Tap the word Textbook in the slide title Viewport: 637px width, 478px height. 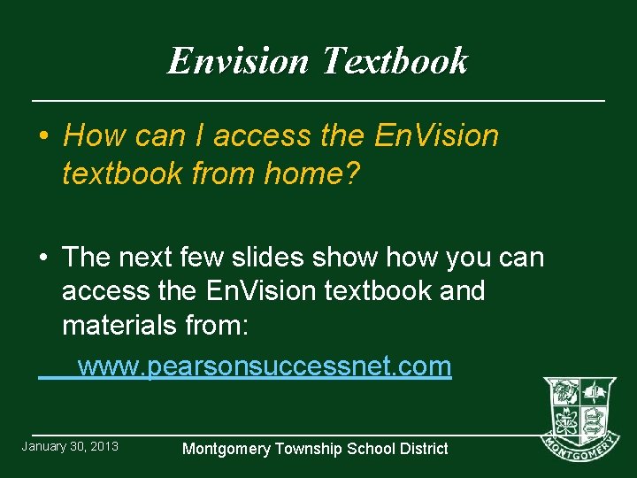point(394,61)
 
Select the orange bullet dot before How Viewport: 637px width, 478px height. point(43,136)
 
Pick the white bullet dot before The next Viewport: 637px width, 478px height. point(43,258)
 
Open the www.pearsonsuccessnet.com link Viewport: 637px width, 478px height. point(265,366)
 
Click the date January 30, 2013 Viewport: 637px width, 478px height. point(70,446)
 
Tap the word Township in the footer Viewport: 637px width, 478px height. point(308,449)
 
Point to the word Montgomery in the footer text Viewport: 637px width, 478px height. point(227,449)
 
